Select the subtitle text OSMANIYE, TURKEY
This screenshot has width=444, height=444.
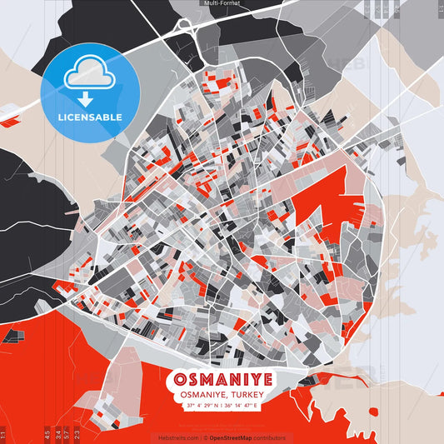(222, 396)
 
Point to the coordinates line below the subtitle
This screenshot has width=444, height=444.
(222, 407)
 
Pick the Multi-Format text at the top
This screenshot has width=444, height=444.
(222, 4)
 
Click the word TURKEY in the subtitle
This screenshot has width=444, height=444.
(247, 396)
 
